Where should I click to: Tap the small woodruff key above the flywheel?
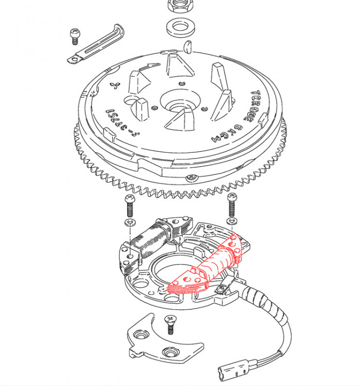click(187, 46)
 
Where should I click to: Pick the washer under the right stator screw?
click(232, 221)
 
